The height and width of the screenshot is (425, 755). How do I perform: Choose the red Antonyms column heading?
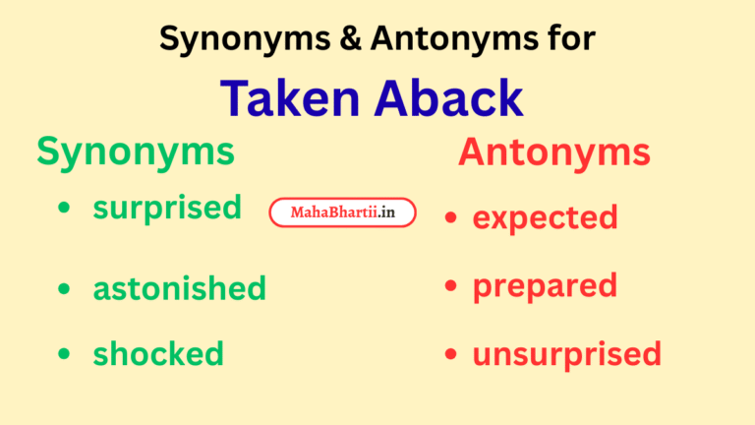[553, 152]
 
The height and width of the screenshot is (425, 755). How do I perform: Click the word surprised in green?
[167, 208]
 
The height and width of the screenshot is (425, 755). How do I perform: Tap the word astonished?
[179, 288]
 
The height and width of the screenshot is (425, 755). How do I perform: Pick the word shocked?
[158, 352]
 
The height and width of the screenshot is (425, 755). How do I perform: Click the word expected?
[545, 216]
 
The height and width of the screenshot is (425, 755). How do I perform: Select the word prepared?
[545, 285]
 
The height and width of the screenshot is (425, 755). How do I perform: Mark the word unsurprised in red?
[566, 353]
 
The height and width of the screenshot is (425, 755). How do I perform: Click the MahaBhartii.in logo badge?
[342, 212]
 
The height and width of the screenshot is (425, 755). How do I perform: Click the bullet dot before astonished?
[65, 289]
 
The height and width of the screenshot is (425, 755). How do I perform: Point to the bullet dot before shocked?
[65, 353]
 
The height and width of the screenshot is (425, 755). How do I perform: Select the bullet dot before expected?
[450, 217]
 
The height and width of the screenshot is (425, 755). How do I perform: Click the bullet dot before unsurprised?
[450, 354]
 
